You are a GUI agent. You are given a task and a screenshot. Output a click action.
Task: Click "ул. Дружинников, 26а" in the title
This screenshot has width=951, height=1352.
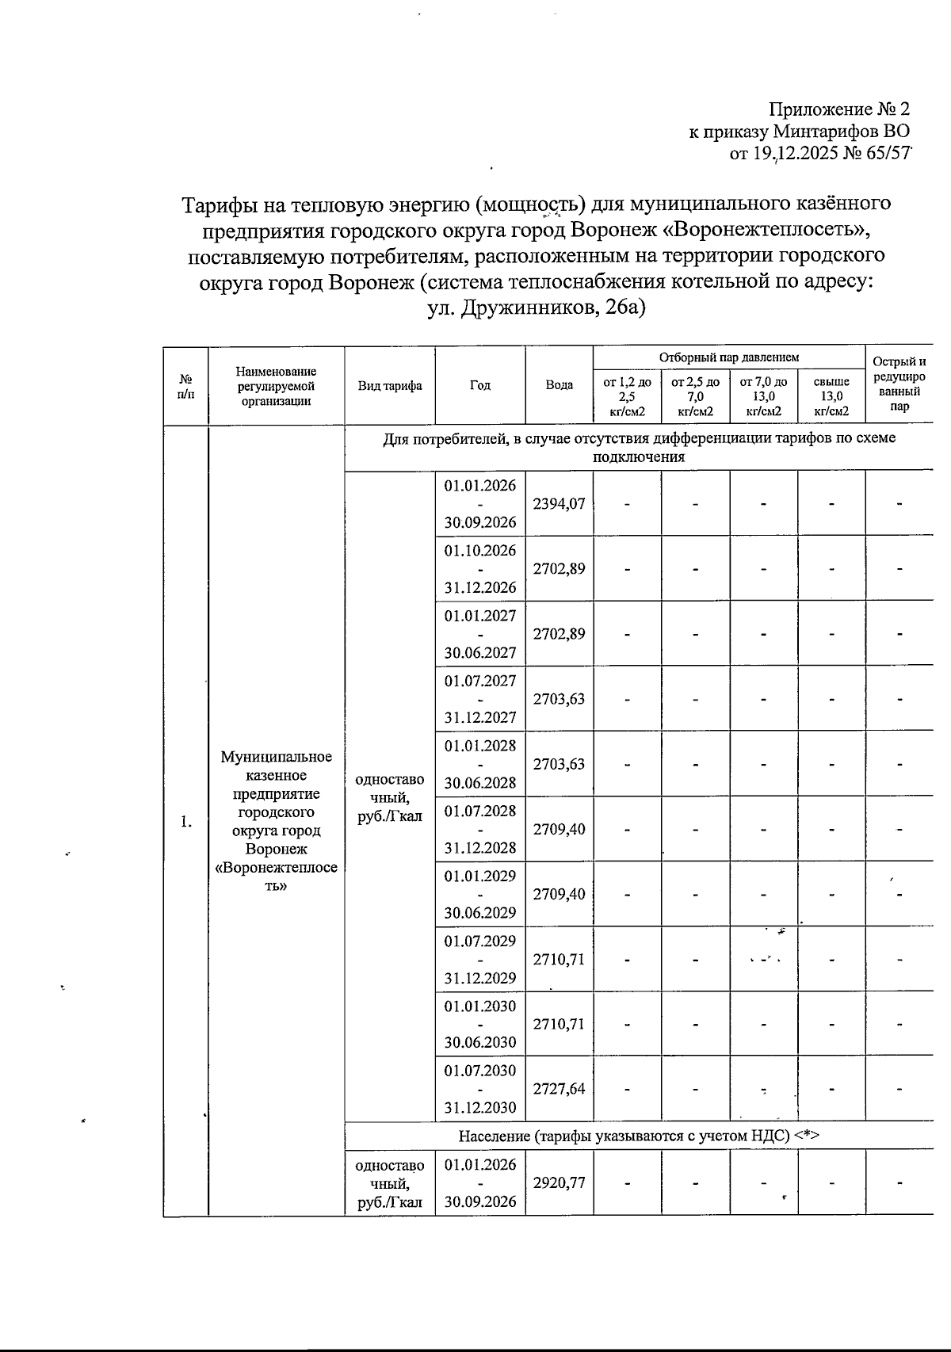click(x=537, y=308)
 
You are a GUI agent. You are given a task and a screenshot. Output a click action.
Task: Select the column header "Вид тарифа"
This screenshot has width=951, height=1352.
click(x=389, y=386)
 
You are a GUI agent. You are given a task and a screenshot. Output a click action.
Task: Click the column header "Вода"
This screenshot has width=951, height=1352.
click(x=559, y=385)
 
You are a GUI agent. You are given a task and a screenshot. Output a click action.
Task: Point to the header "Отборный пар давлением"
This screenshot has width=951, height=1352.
click(x=728, y=358)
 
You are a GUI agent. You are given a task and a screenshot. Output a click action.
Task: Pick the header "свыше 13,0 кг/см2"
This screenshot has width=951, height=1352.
click(x=831, y=396)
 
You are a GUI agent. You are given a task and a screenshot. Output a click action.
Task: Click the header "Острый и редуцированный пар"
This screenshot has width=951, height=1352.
click(x=899, y=384)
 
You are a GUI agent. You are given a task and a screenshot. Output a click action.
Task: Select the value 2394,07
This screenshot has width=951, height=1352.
click(x=559, y=503)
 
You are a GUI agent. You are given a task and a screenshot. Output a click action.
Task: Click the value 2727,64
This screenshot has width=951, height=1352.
click(x=559, y=1089)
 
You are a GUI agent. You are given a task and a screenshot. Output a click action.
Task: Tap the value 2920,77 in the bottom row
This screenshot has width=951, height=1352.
click(x=559, y=1183)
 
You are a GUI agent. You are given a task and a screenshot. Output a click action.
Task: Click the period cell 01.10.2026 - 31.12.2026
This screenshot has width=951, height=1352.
click(x=479, y=569)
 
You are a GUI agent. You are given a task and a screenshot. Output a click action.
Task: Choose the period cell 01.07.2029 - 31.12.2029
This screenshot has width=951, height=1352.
click(x=479, y=959)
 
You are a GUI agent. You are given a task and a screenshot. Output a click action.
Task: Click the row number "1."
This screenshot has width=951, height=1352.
click(x=185, y=822)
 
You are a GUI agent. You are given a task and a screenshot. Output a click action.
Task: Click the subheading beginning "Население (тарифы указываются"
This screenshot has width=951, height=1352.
click(x=638, y=1136)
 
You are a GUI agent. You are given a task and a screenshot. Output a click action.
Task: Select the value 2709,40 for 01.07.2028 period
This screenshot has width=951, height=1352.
click(x=559, y=829)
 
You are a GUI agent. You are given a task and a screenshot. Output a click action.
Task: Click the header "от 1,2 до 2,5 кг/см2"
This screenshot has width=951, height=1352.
click(x=627, y=396)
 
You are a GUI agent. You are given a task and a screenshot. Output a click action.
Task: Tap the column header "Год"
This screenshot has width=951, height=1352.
click(x=479, y=385)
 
